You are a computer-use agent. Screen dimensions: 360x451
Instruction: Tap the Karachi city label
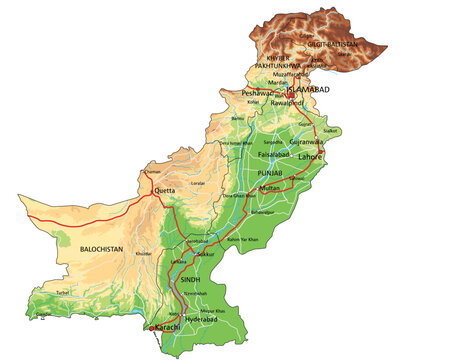(166, 327)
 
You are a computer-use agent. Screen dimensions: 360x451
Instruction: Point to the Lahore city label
(311, 157)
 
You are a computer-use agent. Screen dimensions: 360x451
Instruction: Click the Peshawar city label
(258, 93)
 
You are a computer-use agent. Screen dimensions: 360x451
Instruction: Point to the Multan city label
(269, 188)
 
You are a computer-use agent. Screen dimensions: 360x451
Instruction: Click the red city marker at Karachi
(152, 327)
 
